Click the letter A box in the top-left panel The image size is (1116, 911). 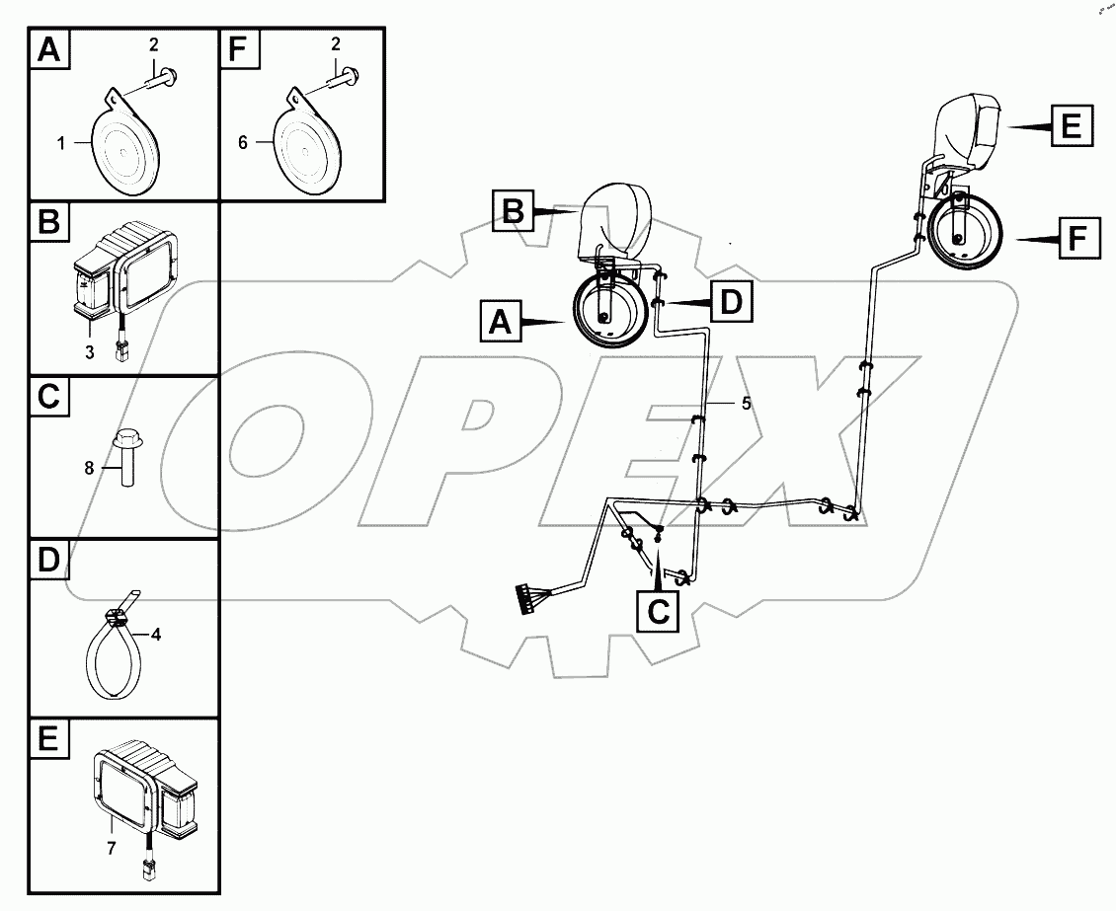click(x=50, y=51)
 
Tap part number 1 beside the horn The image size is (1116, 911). click(x=60, y=143)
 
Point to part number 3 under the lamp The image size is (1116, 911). click(x=89, y=352)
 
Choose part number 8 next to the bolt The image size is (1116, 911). click(x=89, y=468)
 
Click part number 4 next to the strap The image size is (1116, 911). click(x=155, y=635)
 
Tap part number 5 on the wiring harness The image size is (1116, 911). click(x=747, y=403)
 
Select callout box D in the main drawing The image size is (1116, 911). click(x=731, y=302)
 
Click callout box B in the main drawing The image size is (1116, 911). click(x=513, y=209)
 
